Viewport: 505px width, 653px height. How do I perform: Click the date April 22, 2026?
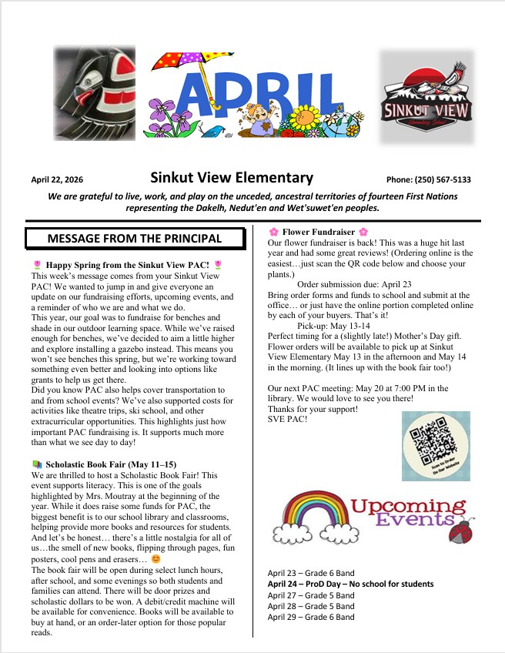click(57, 179)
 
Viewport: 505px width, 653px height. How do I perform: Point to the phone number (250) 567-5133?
click(428, 179)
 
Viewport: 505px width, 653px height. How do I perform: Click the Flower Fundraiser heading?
click(319, 231)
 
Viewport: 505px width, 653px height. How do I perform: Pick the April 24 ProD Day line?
click(350, 584)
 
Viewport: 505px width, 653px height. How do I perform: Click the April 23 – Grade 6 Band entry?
click(311, 574)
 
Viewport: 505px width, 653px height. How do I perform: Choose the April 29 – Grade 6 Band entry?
click(311, 617)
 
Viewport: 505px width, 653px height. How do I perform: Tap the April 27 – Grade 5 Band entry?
click(311, 595)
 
